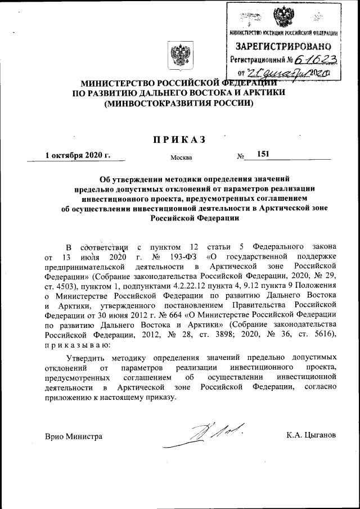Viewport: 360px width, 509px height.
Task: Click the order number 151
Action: [263, 154]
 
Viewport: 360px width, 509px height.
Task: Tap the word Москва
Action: [181, 158]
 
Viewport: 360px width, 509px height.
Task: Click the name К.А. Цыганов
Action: [311, 436]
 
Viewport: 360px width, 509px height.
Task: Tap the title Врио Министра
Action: [73, 436]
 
